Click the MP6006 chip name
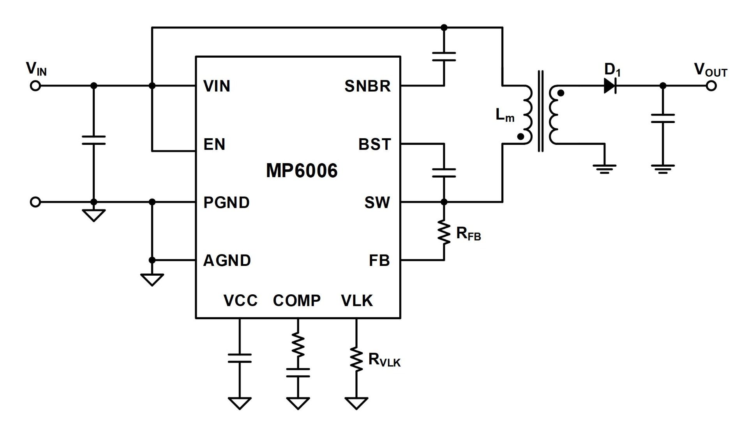302,171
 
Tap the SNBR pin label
367,86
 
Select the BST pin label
374,144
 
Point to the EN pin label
214,144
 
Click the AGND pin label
227,260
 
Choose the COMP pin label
297,301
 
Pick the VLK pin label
357,301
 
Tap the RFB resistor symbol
444,233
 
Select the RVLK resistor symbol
356,359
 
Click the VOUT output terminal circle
711,86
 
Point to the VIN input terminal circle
35,86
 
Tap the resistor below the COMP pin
298,345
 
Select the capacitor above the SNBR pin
444,57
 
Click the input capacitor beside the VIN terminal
93,140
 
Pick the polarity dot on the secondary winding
561,93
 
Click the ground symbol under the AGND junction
152,280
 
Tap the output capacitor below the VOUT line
663,118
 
